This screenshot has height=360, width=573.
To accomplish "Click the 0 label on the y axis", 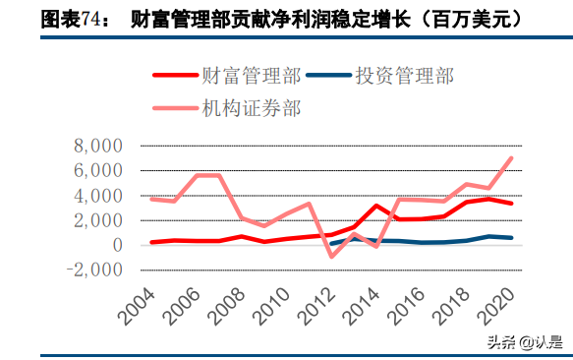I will pos(116,245).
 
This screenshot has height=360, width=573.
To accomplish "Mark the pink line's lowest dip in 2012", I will pos(331,256).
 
